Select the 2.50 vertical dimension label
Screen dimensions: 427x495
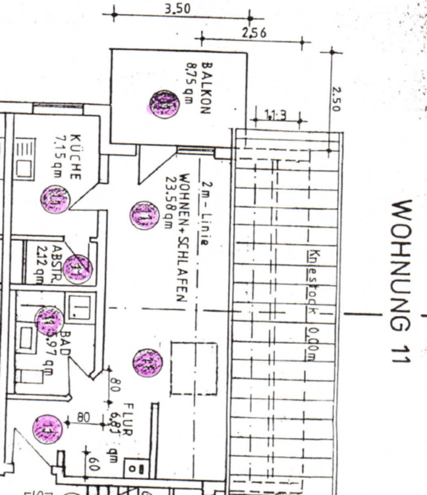(x=337, y=99)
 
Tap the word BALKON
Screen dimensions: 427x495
(x=206, y=88)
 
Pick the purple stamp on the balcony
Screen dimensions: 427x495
(x=163, y=104)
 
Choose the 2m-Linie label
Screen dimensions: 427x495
(x=206, y=213)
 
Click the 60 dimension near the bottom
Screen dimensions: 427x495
(x=94, y=465)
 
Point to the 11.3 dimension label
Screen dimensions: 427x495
(x=275, y=116)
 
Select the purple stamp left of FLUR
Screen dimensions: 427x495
(x=47, y=429)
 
